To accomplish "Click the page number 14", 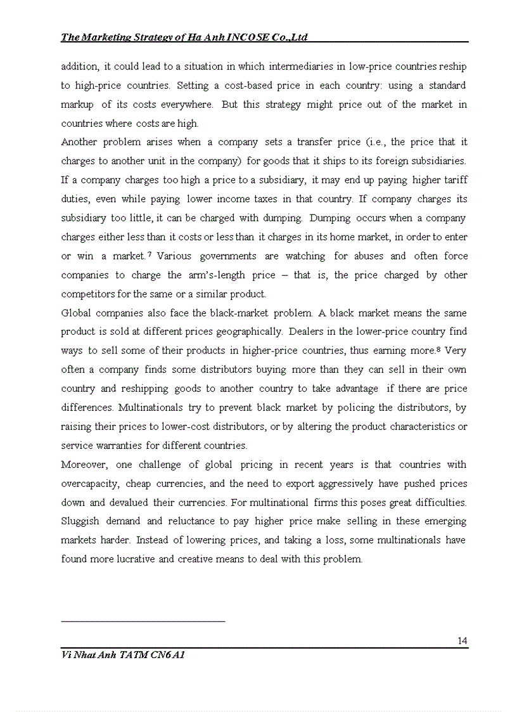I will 462,641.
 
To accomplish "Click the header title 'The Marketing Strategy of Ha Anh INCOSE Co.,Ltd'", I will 184,37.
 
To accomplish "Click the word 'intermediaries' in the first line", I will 300,67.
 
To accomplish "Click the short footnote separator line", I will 143,621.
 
